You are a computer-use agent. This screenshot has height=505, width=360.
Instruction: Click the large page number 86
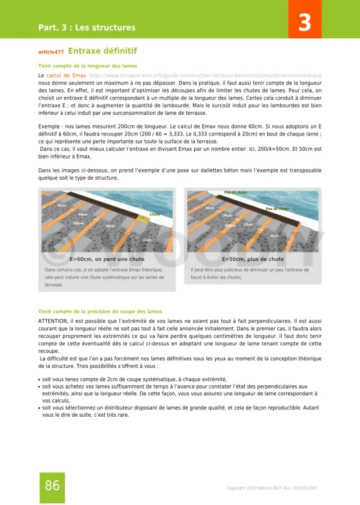(52, 486)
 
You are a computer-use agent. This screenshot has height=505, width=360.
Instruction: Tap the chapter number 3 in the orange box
(304, 23)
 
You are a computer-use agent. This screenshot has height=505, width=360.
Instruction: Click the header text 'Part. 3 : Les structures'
(87, 28)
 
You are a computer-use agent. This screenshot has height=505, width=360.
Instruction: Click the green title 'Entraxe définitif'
(102, 51)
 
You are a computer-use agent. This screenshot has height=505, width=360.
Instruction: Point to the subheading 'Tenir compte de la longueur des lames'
(87, 66)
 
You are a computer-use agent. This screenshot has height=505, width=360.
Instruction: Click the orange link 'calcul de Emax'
(66, 75)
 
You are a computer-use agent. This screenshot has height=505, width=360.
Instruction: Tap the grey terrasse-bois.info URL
(205, 75)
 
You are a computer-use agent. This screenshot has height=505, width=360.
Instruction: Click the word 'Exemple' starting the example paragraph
(49, 127)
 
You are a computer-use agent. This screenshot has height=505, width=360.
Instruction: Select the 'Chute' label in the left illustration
(154, 215)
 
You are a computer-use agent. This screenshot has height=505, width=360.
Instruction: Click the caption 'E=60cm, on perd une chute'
(107, 259)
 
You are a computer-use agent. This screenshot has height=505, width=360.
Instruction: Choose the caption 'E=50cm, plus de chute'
(253, 259)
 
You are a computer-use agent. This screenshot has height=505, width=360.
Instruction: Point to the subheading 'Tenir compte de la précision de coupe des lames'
(100, 311)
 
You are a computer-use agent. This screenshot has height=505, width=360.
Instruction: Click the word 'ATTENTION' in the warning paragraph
(53, 320)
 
